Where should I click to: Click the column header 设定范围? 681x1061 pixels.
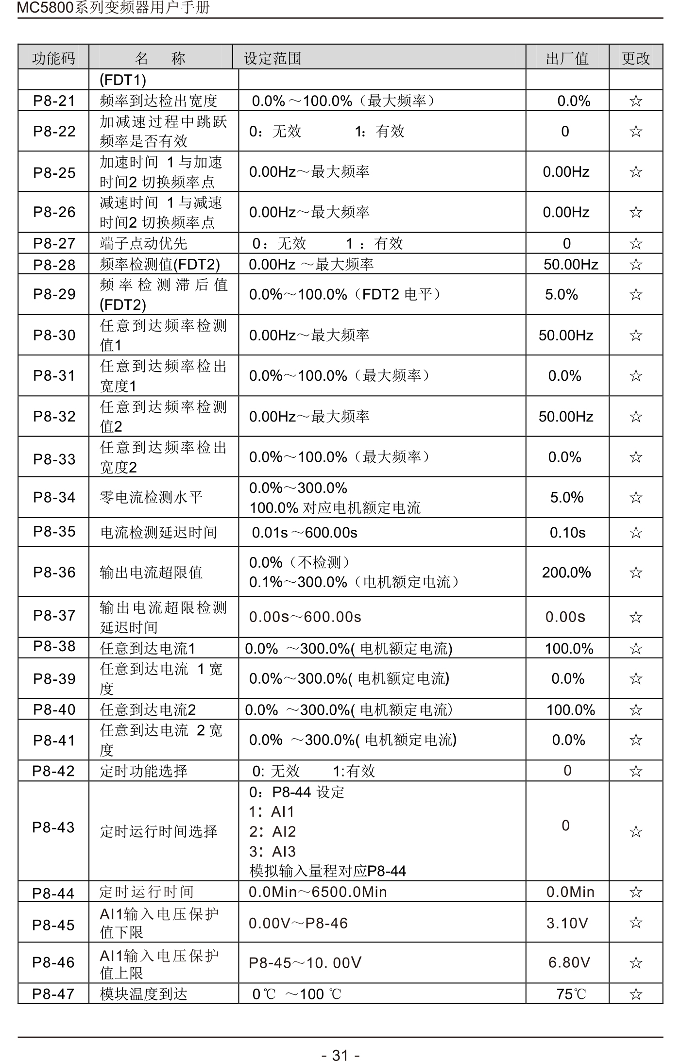pos(272,59)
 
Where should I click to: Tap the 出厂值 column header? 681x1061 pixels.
pos(567,59)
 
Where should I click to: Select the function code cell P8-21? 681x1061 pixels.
pos(54,101)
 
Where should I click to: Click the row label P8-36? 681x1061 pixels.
pos(54,573)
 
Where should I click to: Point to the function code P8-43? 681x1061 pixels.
pos(53,827)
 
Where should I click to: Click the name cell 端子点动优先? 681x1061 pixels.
pos(143,243)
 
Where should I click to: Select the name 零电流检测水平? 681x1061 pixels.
pos(151,497)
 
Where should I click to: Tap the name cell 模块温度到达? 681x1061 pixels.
pos(144,994)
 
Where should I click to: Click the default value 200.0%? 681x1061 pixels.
pos(566,573)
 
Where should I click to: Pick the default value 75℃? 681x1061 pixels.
pos(571,994)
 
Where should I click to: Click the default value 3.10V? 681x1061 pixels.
pos(567,923)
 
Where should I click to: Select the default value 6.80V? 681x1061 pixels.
pos(569,962)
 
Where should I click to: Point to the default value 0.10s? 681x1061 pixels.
pos(567,533)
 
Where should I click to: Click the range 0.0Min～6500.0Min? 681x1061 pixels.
pos(318,892)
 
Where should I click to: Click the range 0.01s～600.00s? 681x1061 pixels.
pos(305,533)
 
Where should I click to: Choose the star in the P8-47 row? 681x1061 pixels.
pos(635,994)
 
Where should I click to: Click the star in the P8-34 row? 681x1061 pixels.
pos(635,497)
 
